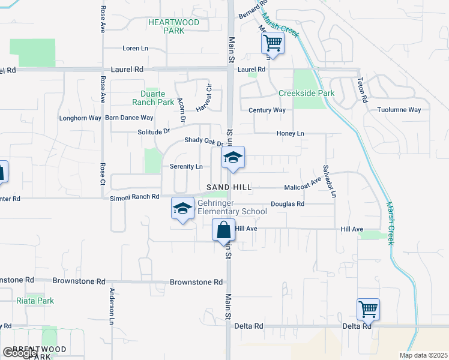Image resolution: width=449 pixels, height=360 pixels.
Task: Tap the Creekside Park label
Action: pos(306,93)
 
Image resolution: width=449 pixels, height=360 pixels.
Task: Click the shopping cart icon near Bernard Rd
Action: pos(273,43)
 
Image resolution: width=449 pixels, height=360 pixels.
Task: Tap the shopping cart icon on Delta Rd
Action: pos(368,309)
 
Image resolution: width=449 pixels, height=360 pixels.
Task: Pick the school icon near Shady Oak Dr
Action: pos(233,157)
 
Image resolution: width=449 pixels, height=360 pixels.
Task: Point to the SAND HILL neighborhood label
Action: pos(229,187)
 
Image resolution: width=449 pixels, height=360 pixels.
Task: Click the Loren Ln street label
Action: pos(135,48)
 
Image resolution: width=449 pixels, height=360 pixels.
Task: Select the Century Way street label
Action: pos(267,110)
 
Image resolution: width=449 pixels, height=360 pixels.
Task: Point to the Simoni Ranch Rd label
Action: pos(134,197)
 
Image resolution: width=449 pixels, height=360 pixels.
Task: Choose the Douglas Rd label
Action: pos(288,204)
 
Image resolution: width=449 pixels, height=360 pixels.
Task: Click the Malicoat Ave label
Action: pos(303,183)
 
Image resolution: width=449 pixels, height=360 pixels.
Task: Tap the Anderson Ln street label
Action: pos(112,307)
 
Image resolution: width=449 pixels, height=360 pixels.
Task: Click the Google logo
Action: pos(20,352)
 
